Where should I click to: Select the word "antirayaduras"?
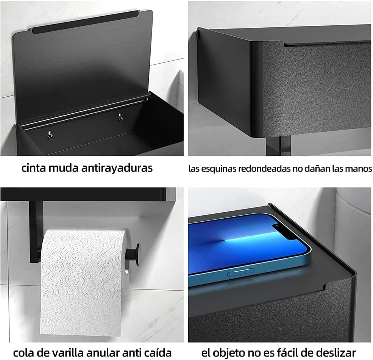pyautogui.click(x=117, y=168)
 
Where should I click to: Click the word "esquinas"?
pyautogui.click(x=217, y=169)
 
